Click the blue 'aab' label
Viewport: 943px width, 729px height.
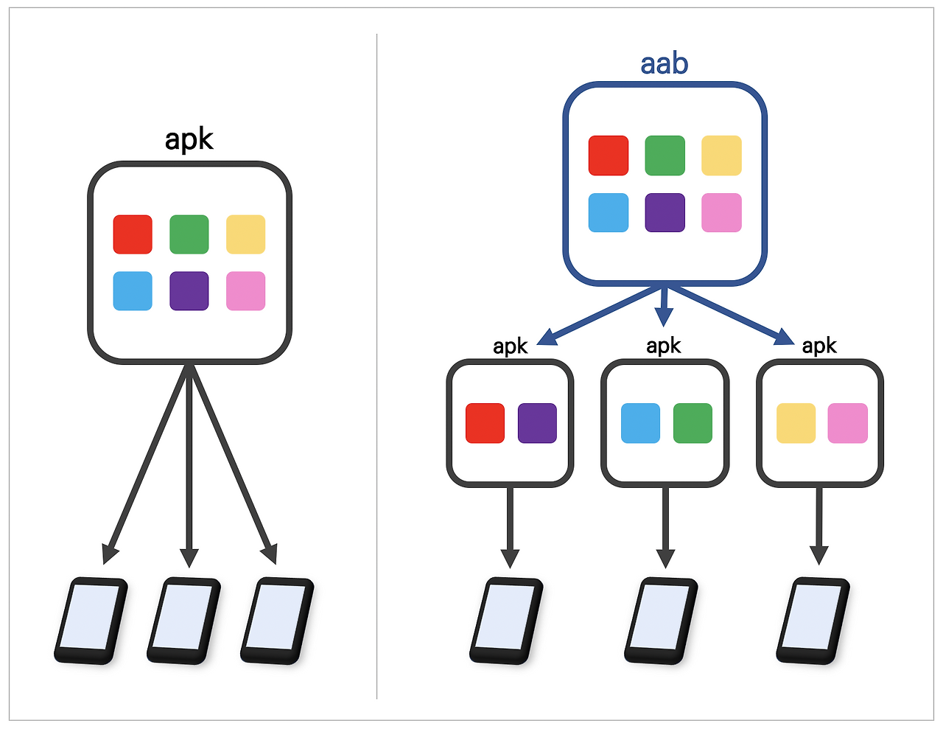click(664, 64)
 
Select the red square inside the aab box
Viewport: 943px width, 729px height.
click(608, 156)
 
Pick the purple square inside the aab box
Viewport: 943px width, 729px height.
click(665, 212)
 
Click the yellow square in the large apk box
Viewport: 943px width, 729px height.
click(245, 234)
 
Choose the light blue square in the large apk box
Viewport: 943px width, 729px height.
click(133, 291)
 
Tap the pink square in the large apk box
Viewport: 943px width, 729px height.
click(245, 291)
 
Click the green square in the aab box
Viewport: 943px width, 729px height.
click(665, 156)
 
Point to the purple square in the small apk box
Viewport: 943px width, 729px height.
click(537, 423)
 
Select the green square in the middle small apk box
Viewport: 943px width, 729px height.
click(693, 423)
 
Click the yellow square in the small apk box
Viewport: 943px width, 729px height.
click(796, 423)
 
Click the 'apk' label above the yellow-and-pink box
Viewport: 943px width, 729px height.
click(819, 346)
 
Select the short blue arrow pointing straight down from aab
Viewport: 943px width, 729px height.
click(664, 307)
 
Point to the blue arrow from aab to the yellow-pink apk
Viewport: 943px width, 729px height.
click(731, 315)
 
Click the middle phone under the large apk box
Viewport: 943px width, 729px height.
click(183, 621)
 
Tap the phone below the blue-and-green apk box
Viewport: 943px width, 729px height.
click(661, 621)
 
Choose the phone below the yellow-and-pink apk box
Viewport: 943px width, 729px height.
click(813, 621)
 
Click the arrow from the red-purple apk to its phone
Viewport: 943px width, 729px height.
click(510, 528)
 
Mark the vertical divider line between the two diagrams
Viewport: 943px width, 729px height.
click(376, 367)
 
